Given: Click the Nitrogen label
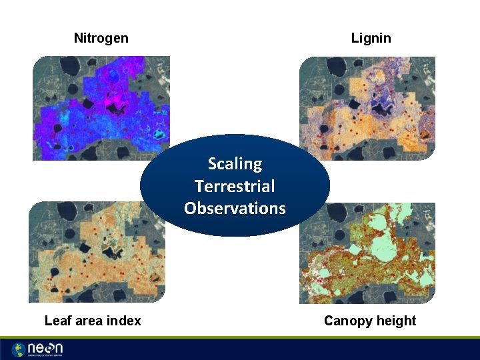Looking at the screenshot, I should (101, 38).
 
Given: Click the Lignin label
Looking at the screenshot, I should (371, 38).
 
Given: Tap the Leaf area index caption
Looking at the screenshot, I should (93, 321).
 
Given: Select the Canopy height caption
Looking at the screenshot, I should (369, 321).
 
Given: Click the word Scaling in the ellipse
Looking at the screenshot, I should (235, 163).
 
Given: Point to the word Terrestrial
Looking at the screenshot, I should (235, 186).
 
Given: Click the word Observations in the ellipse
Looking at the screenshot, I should (235, 208).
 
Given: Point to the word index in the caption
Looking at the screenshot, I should (125, 321).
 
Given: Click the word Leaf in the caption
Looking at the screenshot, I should (56, 321).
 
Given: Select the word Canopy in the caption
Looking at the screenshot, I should (347, 321).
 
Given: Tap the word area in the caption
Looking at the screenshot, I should (89, 321).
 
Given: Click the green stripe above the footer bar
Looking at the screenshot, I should (240, 337).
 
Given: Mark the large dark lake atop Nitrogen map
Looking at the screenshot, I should (68, 67).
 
